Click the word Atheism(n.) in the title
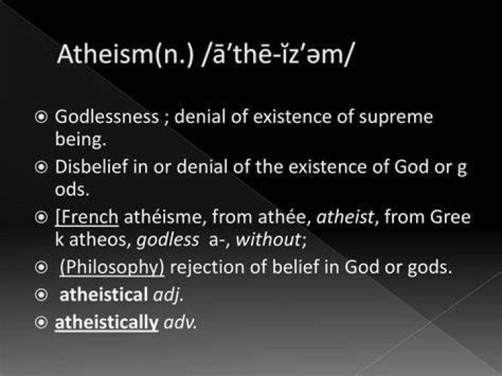[x=125, y=54]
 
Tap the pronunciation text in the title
[x=277, y=54]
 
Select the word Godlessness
[x=107, y=116]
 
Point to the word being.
[x=80, y=140]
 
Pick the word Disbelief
[x=91, y=167]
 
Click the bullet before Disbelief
[x=41, y=167]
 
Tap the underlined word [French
[x=86, y=217]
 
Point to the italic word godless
[x=168, y=240]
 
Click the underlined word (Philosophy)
[x=112, y=267]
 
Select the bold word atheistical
[x=104, y=294]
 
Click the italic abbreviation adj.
[x=169, y=295]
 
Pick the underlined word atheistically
[x=107, y=322]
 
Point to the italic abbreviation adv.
[x=180, y=323]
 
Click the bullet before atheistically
[x=41, y=322]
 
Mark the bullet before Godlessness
[x=41, y=117]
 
